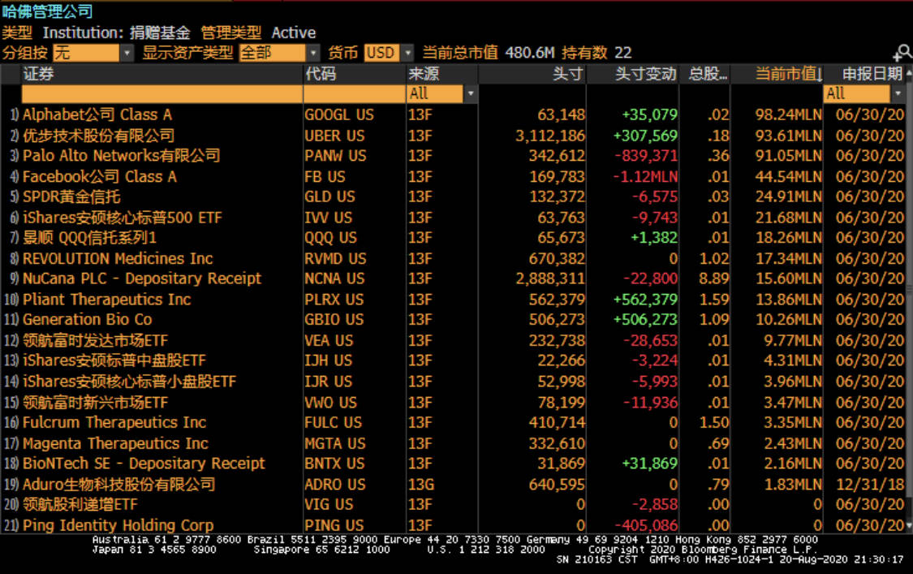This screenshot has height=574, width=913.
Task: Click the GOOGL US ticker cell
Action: tap(338, 115)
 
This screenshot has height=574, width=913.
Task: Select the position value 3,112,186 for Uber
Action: tap(549, 136)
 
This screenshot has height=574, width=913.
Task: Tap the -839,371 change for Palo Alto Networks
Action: tap(646, 156)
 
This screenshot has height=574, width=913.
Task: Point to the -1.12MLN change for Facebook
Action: tap(646, 176)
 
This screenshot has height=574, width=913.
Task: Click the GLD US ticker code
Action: tap(329, 196)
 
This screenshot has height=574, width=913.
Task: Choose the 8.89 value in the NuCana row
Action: tap(714, 278)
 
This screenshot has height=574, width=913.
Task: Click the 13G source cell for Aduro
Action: tap(420, 484)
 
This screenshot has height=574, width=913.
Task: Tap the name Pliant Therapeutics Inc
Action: tap(106, 300)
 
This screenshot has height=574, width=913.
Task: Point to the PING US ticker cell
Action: tap(334, 525)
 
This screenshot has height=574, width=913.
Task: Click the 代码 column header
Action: tap(321, 74)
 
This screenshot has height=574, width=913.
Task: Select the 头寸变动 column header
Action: tap(645, 74)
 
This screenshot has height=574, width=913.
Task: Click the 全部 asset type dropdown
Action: tap(279, 53)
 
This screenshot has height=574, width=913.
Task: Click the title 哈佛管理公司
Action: tap(47, 11)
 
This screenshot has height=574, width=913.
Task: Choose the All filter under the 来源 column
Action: tap(441, 93)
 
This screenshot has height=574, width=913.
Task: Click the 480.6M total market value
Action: tap(529, 53)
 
